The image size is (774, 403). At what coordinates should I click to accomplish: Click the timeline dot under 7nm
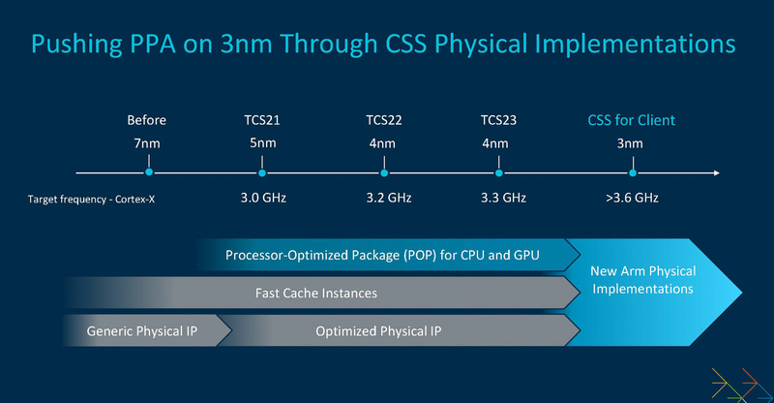click(x=148, y=172)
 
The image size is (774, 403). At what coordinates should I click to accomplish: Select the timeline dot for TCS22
click(x=384, y=172)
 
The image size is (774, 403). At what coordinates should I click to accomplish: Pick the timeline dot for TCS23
click(x=499, y=172)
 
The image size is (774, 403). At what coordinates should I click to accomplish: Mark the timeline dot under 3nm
click(x=632, y=172)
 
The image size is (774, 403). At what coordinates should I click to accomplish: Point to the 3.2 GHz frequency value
click(x=384, y=198)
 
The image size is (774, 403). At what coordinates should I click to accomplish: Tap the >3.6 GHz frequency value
click(x=632, y=198)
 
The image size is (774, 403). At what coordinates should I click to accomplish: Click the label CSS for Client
click(x=632, y=120)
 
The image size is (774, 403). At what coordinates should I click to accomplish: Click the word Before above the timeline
click(x=147, y=120)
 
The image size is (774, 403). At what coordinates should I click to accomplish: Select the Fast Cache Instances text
click(x=316, y=293)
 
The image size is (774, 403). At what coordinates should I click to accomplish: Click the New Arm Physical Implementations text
click(x=642, y=280)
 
